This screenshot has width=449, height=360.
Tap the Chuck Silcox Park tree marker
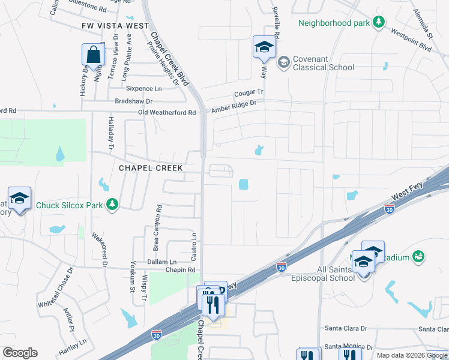tap(112, 205)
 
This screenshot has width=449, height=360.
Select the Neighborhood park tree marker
tap(378, 23)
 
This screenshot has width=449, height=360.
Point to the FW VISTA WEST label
tap(115, 26)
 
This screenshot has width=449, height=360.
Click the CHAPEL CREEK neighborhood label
tap(151, 168)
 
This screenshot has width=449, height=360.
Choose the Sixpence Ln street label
tap(143, 88)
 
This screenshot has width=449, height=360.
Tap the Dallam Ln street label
tap(161, 262)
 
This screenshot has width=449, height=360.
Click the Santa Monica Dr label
tap(349, 347)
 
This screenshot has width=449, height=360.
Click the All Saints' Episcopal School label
tap(324, 274)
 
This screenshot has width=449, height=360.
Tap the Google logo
tap(20, 353)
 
